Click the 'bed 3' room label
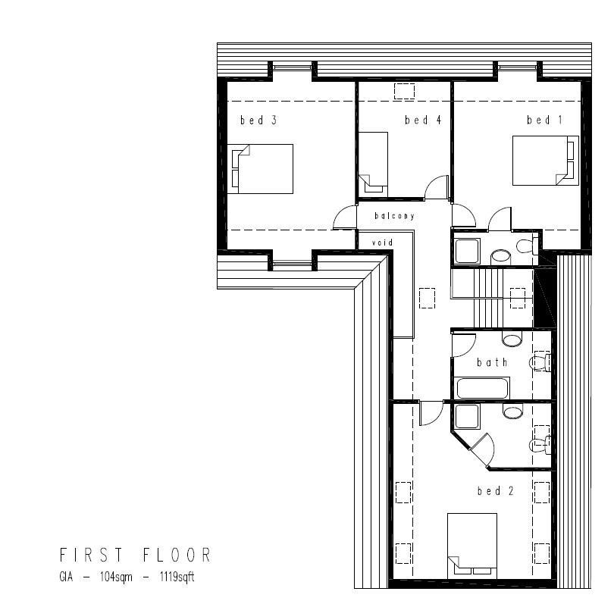click(x=252, y=120)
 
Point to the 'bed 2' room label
click(x=496, y=491)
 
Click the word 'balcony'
click(x=394, y=216)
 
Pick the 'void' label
click(x=381, y=243)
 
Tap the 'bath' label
click(x=492, y=362)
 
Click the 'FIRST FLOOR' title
click(x=135, y=555)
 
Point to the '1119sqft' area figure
click(x=177, y=577)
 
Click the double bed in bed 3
click(x=261, y=168)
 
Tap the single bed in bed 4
click(x=373, y=161)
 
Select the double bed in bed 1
click(x=545, y=160)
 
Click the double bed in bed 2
click(x=471, y=544)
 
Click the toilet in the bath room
click(x=539, y=363)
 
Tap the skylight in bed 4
click(x=404, y=91)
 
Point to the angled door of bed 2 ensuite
click(x=481, y=448)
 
